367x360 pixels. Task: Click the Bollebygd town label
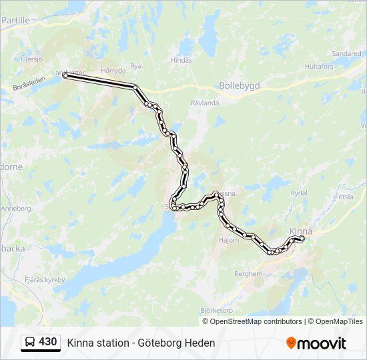click(239, 85)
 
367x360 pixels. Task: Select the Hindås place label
click(181, 59)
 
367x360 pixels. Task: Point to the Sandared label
click(346, 53)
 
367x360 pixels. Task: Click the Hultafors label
click(319, 67)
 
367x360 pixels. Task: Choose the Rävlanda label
click(204, 103)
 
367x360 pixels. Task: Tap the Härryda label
click(113, 69)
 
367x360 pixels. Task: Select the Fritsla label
click(344, 197)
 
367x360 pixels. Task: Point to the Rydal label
click(299, 193)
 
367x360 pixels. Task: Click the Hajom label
click(228, 240)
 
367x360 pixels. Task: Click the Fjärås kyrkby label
click(45, 280)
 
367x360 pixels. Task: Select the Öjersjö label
click(31, 59)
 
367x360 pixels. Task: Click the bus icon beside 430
click(30, 342)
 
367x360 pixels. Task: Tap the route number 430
click(48, 342)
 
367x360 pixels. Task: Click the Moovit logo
click(316, 343)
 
